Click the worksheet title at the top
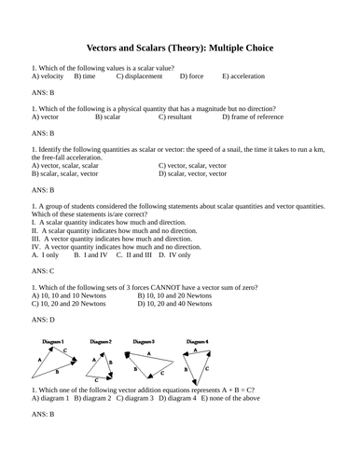point(180,47)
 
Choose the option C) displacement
point(145,76)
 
